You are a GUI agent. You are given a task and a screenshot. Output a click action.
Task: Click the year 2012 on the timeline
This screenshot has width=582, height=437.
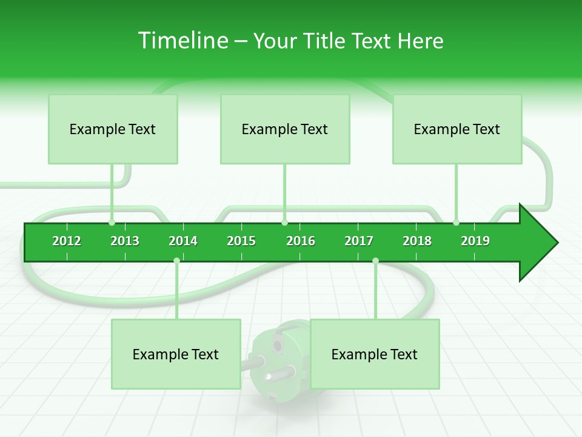coord(67,241)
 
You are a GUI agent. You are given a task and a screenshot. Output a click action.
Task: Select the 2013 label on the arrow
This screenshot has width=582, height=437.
coord(125,241)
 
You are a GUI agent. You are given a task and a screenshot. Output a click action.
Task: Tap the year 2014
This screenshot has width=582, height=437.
coord(183,241)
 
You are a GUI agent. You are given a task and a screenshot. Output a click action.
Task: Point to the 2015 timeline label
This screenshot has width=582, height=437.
coord(241,241)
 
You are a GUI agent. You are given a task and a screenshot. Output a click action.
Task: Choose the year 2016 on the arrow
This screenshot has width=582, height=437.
coord(301,241)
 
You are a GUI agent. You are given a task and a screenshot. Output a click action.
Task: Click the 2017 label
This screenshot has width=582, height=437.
coord(359,241)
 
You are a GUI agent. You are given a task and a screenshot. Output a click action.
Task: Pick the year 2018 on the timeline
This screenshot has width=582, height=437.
coord(417,241)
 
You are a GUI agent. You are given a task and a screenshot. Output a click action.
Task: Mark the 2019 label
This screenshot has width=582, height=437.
coord(475,241)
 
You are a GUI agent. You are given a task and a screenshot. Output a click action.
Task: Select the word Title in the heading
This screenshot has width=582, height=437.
coord(326,41)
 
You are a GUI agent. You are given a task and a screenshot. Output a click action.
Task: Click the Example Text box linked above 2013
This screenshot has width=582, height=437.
coord(113,129)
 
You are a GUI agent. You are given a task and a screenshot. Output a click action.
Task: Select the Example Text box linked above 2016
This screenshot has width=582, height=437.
coord(285,129)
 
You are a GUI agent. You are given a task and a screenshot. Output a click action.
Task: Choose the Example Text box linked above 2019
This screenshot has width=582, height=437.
coord(457,129)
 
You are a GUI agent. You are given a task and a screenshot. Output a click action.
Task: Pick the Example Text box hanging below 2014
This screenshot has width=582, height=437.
coord(176,354)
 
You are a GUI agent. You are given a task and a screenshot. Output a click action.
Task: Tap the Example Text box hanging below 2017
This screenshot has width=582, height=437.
coord(375,354)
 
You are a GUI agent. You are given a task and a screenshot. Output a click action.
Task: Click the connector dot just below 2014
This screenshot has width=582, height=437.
coord(176,260)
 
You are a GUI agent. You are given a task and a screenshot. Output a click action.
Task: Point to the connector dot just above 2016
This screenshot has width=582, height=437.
coord(285,223)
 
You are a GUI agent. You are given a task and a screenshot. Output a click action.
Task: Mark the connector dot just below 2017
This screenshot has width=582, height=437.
coord(375,260)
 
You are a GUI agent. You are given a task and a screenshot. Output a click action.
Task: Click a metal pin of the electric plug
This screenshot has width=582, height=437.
coord(255,362)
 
